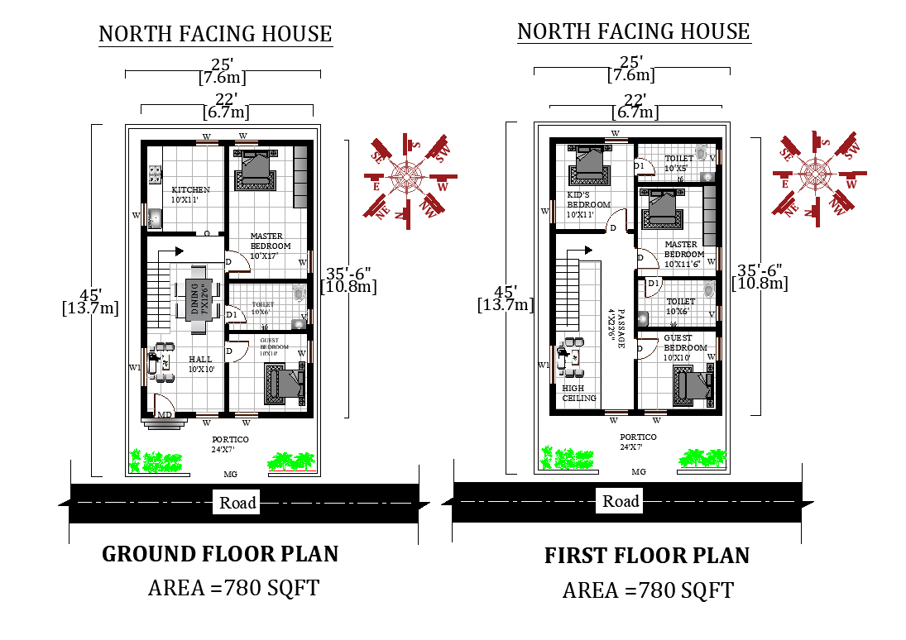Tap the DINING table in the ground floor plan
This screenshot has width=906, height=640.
tap(198, 299)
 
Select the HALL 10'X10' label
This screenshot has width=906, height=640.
tap(200, 365)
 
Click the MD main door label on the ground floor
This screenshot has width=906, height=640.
tap(165, 414)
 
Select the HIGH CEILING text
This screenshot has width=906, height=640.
tap(578, 393)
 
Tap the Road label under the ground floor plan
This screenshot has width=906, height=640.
tap(238, 502)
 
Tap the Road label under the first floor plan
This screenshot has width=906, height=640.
tap(621, 501)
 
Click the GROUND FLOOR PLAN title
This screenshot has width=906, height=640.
tap(220, 553)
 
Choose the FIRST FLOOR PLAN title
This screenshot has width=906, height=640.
tap(646, 556)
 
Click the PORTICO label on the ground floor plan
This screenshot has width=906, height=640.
tap(230, 445)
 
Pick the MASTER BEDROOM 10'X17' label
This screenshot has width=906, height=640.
tap(271, 246)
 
